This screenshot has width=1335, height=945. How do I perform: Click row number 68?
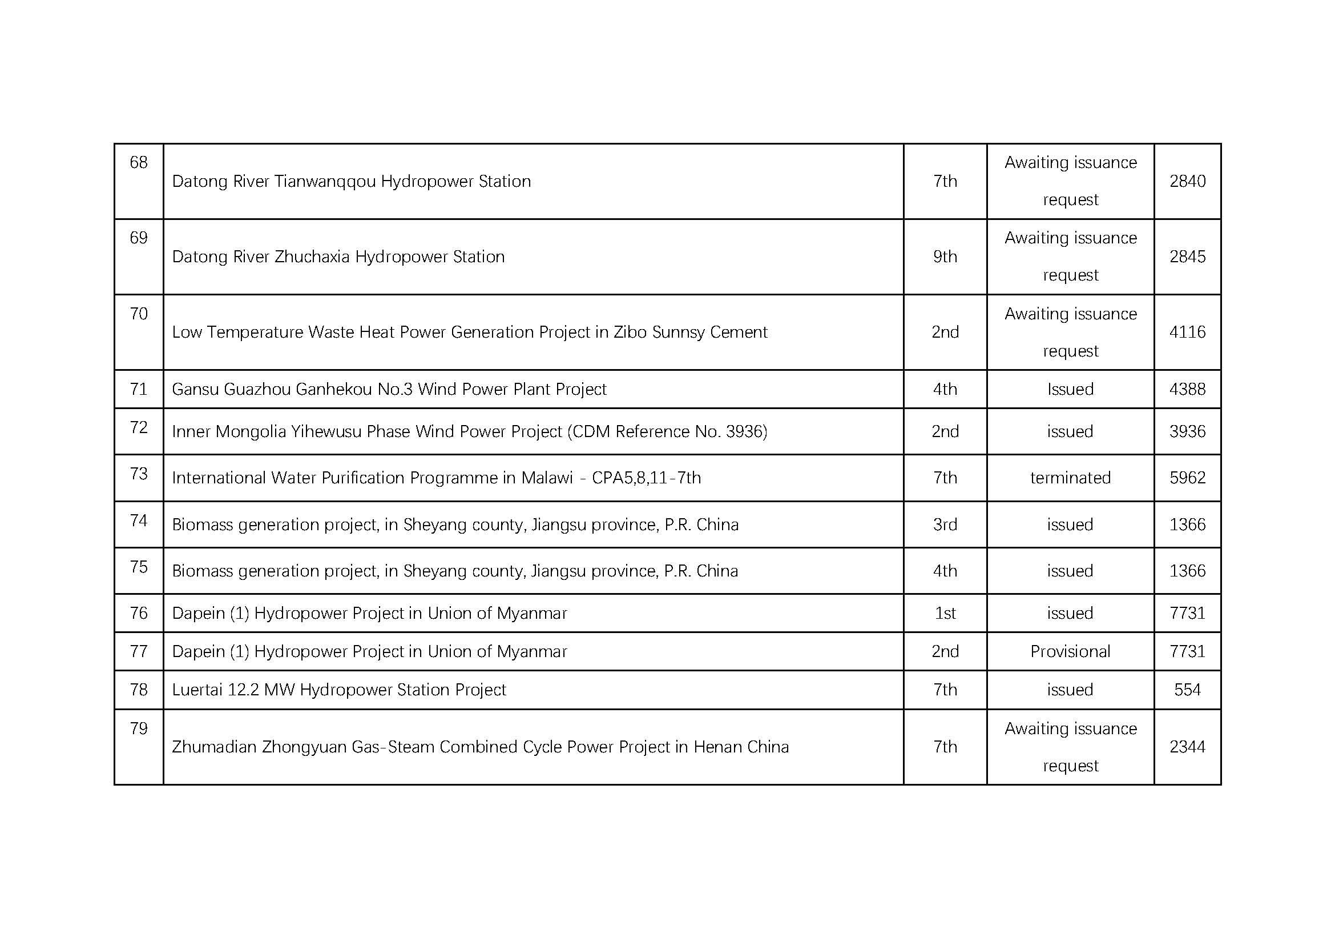138,162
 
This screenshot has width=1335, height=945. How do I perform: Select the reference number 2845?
1187,257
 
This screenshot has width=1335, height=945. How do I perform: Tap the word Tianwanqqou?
325,182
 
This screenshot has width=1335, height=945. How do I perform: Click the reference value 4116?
1187,333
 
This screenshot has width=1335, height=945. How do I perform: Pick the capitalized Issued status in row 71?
1070,389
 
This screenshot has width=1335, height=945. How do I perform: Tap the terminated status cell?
1070,478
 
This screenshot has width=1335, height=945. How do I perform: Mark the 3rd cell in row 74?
945,524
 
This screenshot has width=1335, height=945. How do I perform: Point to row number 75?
138,567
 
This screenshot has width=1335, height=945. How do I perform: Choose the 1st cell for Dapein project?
945,613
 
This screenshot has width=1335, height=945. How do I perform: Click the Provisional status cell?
1070,651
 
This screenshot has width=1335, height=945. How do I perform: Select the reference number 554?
1187,690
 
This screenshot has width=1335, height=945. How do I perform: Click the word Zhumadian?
214,747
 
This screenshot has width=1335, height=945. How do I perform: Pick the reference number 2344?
1187,747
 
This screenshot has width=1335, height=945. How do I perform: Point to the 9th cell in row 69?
945,257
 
